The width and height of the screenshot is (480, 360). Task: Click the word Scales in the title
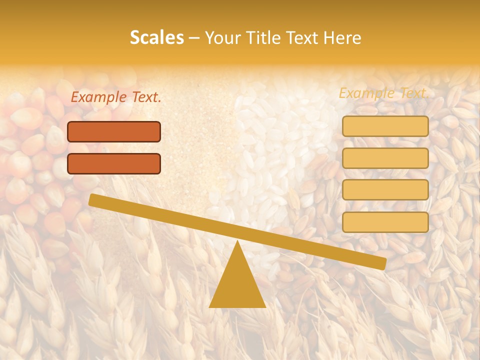pos(156,37)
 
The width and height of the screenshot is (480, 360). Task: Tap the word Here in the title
pos(342,38)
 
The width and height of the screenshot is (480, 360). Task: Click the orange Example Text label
pos(115,97)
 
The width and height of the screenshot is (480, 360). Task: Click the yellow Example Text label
pos(383,93)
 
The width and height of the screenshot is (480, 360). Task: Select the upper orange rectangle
pos(114,131)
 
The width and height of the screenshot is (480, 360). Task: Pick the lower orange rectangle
pos(114,163)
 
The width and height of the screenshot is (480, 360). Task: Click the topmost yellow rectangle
pos(385,126)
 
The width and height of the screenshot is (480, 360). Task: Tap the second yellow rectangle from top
pos(385,158)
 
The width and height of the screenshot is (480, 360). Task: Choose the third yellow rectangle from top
pos(385,190)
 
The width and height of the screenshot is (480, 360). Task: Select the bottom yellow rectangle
pos(385,222)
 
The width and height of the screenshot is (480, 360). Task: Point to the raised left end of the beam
pos(92,199)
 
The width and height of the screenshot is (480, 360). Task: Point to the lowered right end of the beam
pos(382,263)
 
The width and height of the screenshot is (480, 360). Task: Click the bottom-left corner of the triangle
pos(210,306)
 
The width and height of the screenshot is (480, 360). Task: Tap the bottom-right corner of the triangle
pos(265,306)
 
